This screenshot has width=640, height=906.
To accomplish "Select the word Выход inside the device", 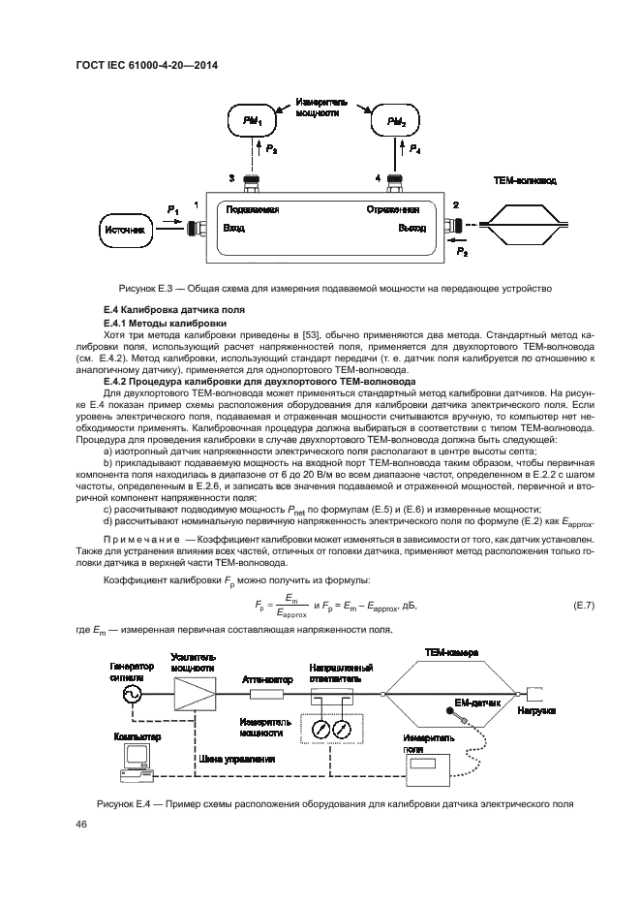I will click(411, 229).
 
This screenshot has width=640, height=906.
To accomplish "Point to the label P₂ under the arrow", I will click(462, 251).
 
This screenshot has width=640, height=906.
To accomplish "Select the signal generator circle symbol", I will click(130, 695).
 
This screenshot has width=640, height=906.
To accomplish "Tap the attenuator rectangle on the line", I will click(266, 695).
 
